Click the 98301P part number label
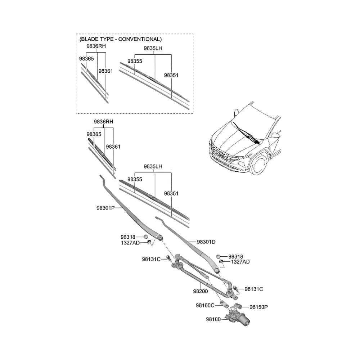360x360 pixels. tap(105, 208)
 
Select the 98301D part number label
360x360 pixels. tap(206, 242)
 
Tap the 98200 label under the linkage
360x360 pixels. tap(201, 291)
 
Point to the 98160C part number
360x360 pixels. tap(205, 305)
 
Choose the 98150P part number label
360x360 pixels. tap(259, 307)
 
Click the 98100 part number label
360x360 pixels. tap(213, 319)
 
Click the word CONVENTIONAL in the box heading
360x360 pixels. tap(140, 39)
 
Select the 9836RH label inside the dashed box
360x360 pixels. tap(96, 46)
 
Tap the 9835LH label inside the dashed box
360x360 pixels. tap(153, 49)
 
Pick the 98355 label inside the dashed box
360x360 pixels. tap(135, 61)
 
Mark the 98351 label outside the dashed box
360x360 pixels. tap(171, 194)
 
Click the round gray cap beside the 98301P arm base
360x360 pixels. tap(145, 237)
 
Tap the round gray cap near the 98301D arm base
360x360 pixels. tap(218, 256)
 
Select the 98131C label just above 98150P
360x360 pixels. tap(254, 289)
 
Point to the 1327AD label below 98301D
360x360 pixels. tap(240, 262)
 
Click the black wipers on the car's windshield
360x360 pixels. tap(246, 134)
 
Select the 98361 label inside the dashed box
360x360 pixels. tap(105, 71)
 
